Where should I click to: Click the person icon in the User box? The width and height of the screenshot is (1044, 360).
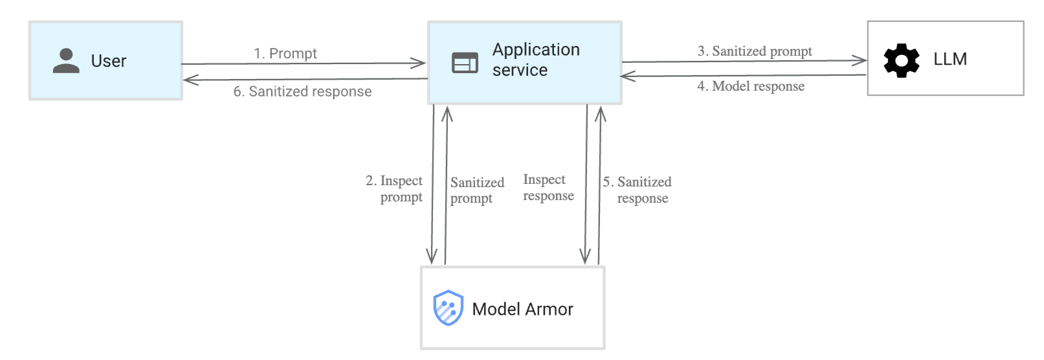click(65, 61)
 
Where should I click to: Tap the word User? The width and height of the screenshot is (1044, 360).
click(108, 61)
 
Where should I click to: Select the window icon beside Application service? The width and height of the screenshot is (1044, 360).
click(465, 63)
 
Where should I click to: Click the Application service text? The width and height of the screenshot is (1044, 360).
click(535, 60)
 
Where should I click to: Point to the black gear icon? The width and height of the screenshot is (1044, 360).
click(901, 61)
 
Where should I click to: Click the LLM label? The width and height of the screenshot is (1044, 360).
click(950, 60)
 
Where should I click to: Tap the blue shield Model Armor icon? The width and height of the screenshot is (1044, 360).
click(448, 308)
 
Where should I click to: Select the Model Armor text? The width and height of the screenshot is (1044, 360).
click(522, 309)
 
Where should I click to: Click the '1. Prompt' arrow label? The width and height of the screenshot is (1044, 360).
click(285, 53)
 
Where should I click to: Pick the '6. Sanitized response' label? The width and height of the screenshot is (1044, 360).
click(302, 91)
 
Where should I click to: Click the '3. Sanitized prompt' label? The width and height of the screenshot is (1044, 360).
click(754, 51)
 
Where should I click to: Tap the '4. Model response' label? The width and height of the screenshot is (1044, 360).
click(751, 86)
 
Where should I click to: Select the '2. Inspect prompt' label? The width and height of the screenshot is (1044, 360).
click(395, 188)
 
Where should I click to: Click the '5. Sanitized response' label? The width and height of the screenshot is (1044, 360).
click(638, 190)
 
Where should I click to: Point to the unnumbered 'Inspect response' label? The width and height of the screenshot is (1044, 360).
click(548, 187)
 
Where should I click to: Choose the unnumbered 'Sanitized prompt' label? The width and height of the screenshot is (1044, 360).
click(476, 190)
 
